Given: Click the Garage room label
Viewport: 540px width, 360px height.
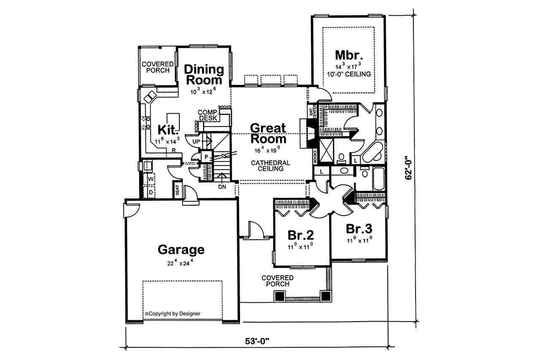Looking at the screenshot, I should [181, 249].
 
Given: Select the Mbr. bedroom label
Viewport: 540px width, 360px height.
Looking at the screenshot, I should [349, 55].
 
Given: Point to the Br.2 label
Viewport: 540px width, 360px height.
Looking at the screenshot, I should [300, 235].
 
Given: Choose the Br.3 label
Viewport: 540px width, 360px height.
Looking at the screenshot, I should [359, 229].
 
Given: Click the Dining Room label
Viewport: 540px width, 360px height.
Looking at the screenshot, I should [203, 74].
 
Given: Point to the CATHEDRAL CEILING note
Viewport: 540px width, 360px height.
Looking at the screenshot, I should [270, 165].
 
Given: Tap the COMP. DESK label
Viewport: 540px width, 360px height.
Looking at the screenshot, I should [208, 115].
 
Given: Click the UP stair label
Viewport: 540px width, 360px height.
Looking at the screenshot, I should [196, 141].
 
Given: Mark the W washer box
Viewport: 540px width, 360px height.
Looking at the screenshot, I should [150, 179].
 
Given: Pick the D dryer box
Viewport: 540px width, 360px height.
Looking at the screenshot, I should [150, 192].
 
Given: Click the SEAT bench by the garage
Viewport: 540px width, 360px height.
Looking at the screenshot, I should [177, 189].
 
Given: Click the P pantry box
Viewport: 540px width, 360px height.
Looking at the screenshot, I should [206, 157].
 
